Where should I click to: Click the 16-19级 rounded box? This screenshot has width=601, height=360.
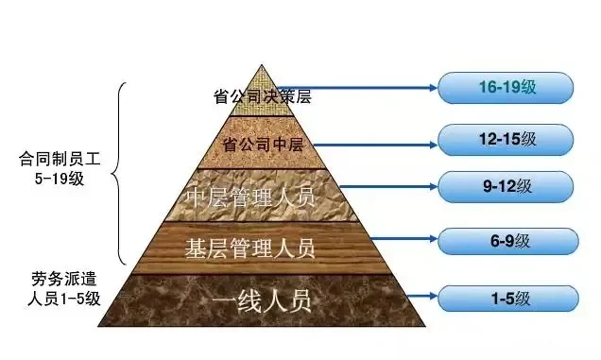point(506,87)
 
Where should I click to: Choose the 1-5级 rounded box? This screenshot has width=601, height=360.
point(506,300)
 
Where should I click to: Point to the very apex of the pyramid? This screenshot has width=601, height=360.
point(263,63)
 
